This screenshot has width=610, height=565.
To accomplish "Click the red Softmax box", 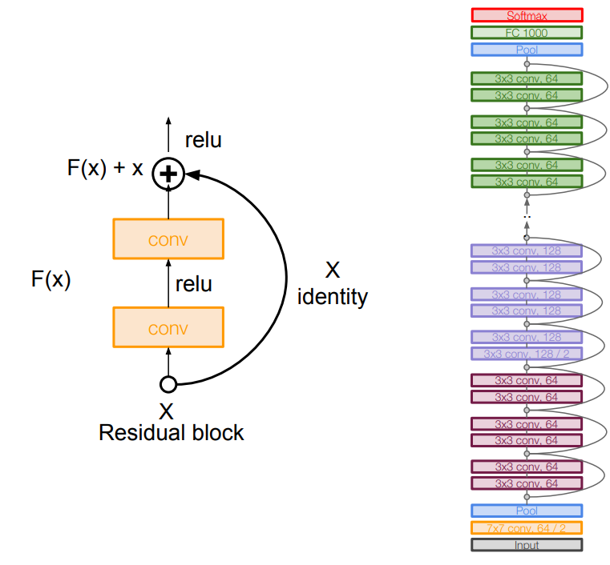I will point(527,15).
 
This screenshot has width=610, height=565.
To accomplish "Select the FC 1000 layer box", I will point(527,33).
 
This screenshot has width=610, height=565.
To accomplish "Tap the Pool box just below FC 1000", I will point(527,50).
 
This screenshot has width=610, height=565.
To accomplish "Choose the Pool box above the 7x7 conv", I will point(527,511).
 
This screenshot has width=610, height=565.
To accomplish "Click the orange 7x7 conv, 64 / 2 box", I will point(527,527).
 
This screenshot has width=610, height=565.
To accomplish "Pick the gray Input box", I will point(527,545).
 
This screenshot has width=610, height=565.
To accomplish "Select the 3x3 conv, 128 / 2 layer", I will point(527,354).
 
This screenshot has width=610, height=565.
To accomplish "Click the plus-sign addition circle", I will point(168,173).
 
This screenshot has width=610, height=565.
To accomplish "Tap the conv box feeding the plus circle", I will point(168,239).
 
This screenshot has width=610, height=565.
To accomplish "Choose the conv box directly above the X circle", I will point(168,328).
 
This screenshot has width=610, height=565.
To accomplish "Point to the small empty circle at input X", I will point(168,385).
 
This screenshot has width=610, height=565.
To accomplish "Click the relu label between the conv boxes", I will point(194,283).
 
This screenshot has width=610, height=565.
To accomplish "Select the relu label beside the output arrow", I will point(204,140).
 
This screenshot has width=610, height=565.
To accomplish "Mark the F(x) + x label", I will point(105,169).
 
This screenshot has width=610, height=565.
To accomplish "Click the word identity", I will point(333,297).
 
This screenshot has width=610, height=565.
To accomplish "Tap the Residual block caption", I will point(171,433).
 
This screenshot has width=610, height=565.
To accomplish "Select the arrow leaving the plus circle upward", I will point(168,136).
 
